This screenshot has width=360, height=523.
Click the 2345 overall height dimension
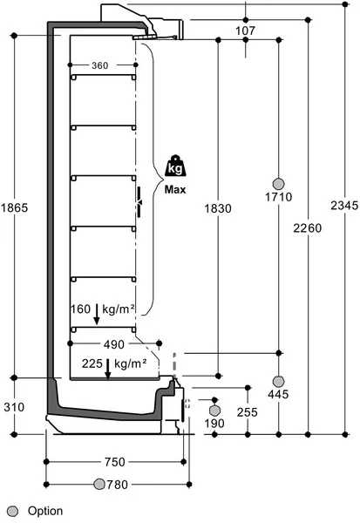click(344, 205)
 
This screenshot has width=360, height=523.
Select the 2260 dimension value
click(308, 228)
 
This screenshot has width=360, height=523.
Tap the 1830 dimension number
click(218, 208)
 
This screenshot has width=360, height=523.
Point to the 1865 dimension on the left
click(14, 207)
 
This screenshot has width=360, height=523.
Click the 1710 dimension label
click(279, 197)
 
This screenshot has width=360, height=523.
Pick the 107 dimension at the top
click(246, 31)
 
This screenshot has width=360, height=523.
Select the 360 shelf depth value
click(99, 65)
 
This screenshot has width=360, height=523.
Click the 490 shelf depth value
click(114, 344)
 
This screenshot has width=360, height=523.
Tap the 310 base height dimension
click(14, 407)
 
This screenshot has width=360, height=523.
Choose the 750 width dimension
click(115, 462)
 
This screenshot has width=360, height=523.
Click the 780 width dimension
click(117, 485)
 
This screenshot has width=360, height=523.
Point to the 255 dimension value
click(248, 412)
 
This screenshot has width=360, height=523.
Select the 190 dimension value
click(214, 424)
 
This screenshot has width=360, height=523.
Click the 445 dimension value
click(278, 394)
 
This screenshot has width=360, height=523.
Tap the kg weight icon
click(175, 166)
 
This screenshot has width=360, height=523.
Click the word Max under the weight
click(175, 190)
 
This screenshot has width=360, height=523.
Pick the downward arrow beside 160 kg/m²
click(97, 314)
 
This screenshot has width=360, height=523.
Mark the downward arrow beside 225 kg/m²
click(108, 369)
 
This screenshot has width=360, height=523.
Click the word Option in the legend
click(45, 511)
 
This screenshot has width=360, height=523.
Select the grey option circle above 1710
click(279, 183)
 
